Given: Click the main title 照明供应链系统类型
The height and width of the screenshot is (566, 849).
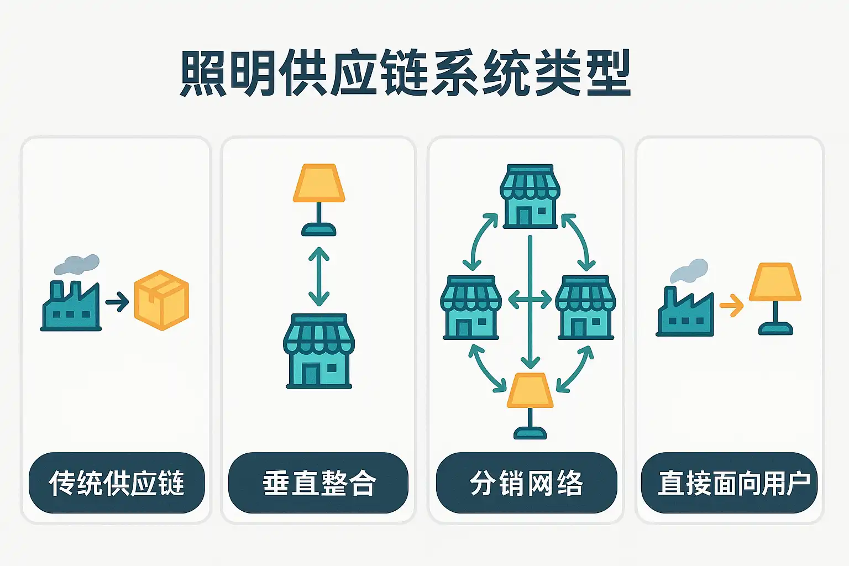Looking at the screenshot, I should (405, 73).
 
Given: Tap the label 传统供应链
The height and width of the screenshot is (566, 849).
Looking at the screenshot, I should (117, 483).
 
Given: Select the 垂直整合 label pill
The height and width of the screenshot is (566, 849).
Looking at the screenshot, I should (318, 483).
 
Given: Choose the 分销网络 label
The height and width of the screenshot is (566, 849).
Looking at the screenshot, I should (526, 483).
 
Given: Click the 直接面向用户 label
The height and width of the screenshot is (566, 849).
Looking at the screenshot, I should (729, 483).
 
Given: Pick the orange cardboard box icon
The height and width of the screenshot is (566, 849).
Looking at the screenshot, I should (161, 300).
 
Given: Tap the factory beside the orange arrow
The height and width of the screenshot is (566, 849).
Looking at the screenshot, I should (685, 313).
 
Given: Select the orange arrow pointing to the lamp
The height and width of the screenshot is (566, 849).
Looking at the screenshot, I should (731, 305).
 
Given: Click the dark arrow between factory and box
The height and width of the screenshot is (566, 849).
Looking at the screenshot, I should (117, 302).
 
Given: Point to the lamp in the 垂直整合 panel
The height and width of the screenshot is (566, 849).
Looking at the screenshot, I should (319, 200).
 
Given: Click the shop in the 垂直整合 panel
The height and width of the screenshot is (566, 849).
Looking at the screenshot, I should (319, 352).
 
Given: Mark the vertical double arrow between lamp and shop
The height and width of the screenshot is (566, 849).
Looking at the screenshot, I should (319, 276).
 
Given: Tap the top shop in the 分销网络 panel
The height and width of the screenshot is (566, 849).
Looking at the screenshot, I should (530, 196).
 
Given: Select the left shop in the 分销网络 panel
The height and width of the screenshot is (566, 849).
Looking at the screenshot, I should (471, 307).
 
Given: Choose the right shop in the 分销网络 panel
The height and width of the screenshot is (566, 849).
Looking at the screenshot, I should (585, 307).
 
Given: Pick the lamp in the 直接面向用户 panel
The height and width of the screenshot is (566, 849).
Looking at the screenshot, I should (775, 298).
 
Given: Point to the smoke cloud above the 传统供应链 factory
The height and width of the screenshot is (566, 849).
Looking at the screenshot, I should (77, 264).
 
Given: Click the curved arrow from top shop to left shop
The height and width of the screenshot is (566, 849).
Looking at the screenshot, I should (479, 241).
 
